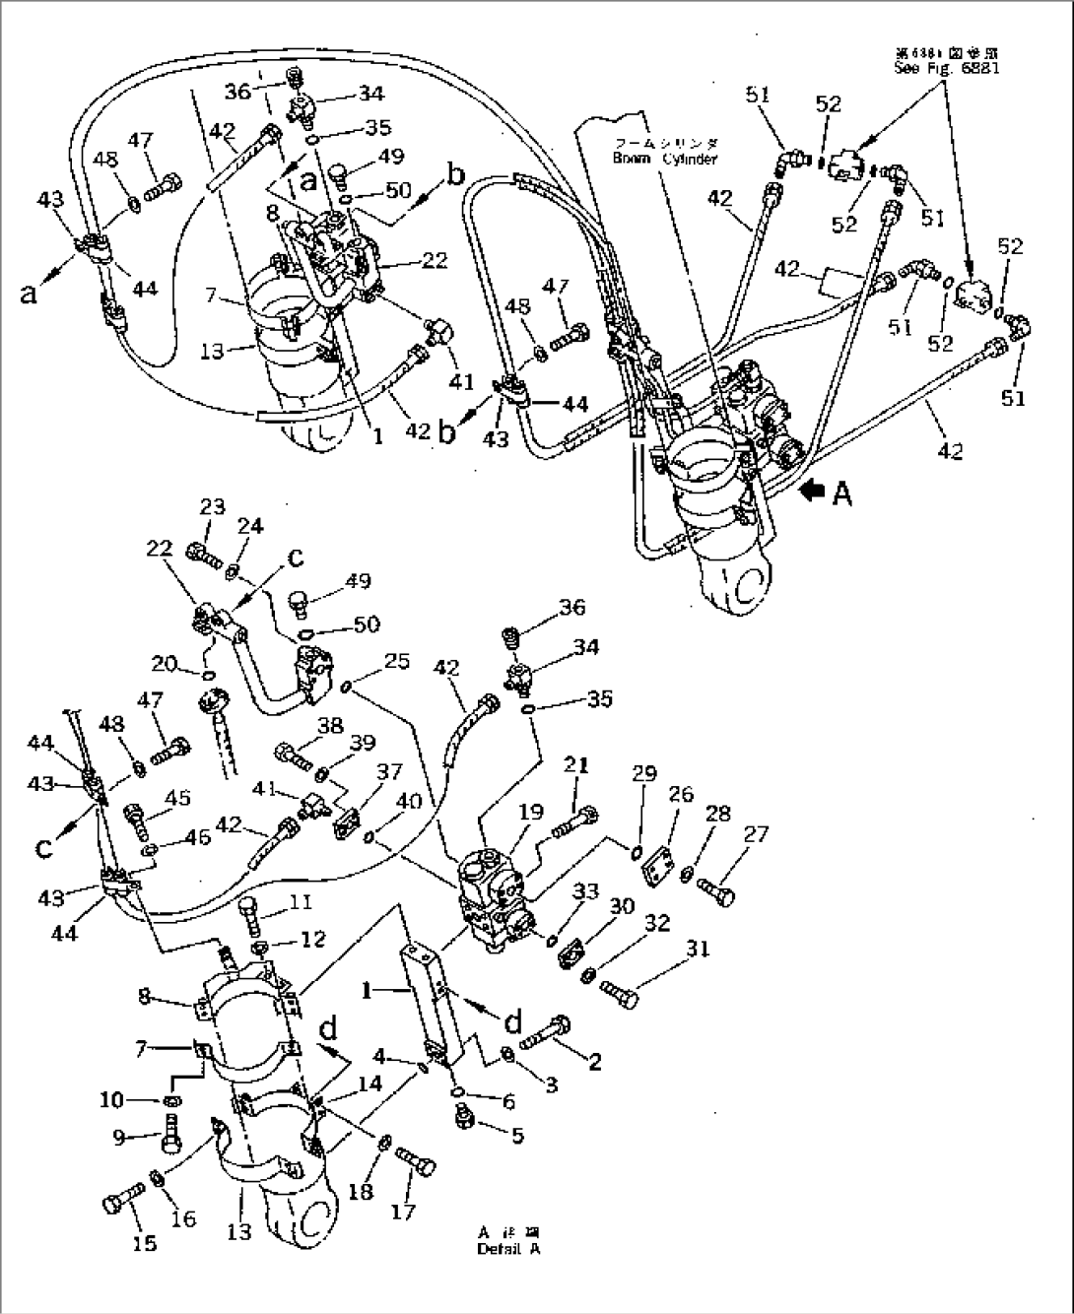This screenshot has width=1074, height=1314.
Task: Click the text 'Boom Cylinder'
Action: coord(665,158)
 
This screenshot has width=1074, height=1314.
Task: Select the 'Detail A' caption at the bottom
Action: coord(508,1249)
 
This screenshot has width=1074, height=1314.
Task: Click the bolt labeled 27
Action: coord(718,891)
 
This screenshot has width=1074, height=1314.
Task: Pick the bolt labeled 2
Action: coord(548,1029)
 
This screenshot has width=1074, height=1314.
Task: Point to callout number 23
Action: coord(211,507)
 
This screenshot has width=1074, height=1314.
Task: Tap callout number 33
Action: coord(586,892)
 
